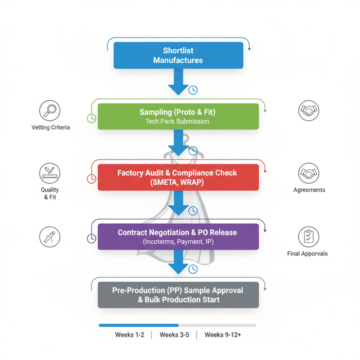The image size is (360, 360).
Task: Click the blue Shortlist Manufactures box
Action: [x=178, y=56]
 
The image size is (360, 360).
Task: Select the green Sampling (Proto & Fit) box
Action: [x=178, y=116]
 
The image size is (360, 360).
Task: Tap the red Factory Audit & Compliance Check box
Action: [x=178, y=177]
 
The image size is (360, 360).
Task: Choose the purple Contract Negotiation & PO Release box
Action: [x=178, y=237]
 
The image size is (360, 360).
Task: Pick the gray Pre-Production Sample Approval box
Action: [x=178, y=295]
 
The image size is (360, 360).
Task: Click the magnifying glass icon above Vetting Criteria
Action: [x=50, y=111]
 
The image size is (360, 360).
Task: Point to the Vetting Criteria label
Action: [x=50, y=127]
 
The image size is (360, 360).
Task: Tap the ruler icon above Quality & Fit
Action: [x=50, y=174]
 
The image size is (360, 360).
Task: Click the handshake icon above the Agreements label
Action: [x=309, y=174]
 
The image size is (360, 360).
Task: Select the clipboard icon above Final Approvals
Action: [x=309, y=237]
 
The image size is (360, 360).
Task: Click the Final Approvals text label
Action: [x=307, y=254]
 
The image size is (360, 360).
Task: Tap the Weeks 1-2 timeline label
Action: [x=130, y=335]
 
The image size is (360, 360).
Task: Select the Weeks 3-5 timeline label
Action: [x=174, y=335]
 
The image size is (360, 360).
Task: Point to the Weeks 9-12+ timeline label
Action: [x=223, y=335]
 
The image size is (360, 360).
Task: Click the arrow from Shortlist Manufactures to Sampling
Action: [x=178, y=82]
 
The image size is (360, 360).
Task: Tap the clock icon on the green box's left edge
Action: [x=91, y=118]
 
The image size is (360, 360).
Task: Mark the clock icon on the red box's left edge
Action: [x=91, y=178]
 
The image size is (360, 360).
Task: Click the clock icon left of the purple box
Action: [x=91, y=239]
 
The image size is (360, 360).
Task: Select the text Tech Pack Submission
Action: [x=177, y=122]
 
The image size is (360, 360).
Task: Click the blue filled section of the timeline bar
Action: [x=138, y=325]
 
